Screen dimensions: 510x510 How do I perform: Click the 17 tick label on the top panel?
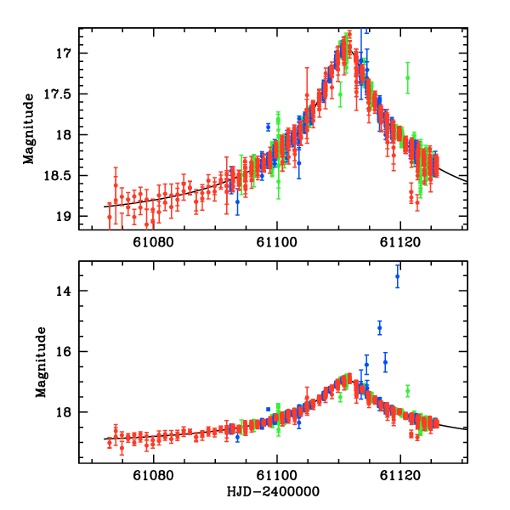tap(65, 53)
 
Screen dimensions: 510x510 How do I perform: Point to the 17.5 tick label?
tap(58, 93)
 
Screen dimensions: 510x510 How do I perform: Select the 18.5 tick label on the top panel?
tap(58, 176)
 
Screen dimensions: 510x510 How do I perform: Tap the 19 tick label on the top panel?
tap(65, 217)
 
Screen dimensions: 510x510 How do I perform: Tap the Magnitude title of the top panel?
tap(28, 128)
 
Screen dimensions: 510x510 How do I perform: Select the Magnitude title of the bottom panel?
tap(39, 363)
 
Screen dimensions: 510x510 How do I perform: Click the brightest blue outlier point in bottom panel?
tap(397, 276)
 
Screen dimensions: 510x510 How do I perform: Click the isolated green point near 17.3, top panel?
tap(408, 77)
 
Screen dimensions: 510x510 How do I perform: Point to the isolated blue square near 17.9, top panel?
tap(269, 127)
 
